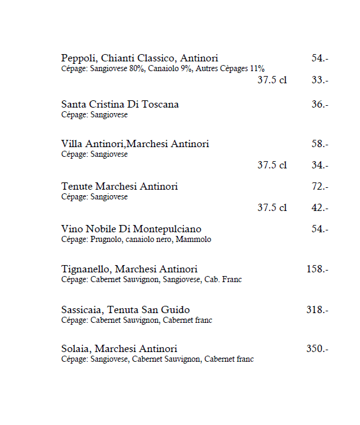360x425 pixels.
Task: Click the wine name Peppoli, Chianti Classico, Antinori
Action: tap(139, 58)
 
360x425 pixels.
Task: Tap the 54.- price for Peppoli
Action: tap(320, 58)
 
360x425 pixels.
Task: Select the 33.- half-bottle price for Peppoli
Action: tap(320, 80)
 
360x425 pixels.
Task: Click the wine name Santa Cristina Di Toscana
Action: tap(120, 105)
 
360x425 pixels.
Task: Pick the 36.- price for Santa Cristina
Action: tap(320, 105)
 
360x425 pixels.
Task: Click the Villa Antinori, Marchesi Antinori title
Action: tap(135, 144)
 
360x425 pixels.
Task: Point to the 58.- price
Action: tap(320, 144)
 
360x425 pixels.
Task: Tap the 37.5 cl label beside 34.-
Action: tap(272, 165)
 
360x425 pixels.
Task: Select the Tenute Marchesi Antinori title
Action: tap(119, 187)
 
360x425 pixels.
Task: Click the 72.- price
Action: tap(320, 187)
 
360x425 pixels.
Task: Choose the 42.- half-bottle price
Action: tap(320, 208)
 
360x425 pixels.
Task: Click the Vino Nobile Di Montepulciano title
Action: tap(131, 229)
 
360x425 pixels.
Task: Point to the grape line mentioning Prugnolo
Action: tap(136, 240)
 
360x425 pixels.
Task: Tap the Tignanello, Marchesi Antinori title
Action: tap(130, 269)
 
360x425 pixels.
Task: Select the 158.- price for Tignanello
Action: tap(317, 269)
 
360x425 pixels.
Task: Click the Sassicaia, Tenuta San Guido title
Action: tap(125, 310)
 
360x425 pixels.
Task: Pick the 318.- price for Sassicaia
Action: tap(317, 310)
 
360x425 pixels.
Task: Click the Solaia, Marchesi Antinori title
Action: tap(119, 349)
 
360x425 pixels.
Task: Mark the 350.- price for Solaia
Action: tap(317, 349)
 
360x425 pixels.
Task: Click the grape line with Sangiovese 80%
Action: tap(163, 69)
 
